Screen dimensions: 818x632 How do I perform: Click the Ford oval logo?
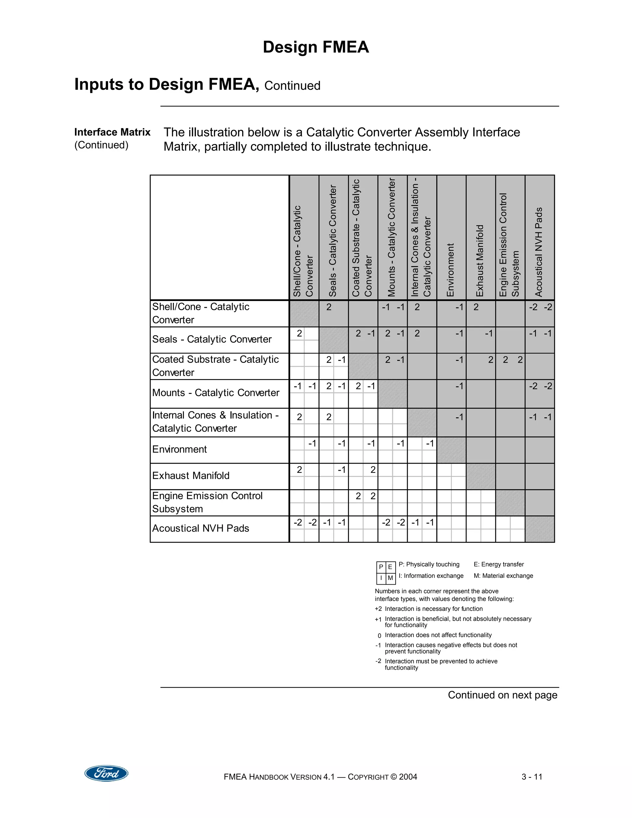point(106,773)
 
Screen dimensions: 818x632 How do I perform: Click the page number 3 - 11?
point(532,777)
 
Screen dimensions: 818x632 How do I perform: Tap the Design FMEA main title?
point(316,47)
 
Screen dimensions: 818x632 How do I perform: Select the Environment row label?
point(179,449)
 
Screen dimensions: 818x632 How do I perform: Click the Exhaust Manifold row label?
point(191,476)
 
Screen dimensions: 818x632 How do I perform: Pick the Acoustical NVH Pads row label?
point(200,528)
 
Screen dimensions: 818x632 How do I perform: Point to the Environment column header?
point(451,270)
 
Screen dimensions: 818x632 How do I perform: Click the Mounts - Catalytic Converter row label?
point(216,393)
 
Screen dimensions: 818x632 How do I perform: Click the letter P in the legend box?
point(381,567)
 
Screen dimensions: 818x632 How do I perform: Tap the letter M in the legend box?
point(390,578)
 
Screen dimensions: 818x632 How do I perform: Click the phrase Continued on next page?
point(502,695)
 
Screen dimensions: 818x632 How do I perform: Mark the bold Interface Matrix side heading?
point(112,132)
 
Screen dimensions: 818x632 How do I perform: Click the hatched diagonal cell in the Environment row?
point(451,450)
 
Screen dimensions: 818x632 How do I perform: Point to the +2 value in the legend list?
point(378,609)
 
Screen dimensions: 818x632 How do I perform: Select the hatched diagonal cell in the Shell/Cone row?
point(304,314)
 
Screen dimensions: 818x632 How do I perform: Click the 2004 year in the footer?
point(408,777)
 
